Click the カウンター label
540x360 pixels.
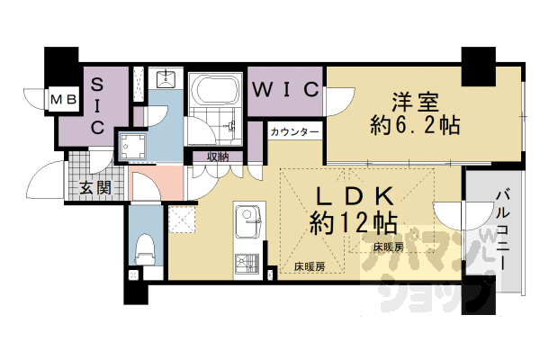294,132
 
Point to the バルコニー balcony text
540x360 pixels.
503,225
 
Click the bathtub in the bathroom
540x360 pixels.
213,90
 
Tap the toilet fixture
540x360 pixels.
144,247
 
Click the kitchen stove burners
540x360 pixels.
245,265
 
